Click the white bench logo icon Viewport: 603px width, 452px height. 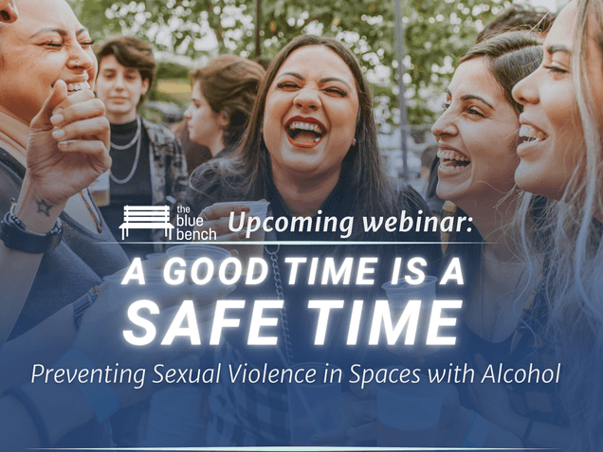[146, 222]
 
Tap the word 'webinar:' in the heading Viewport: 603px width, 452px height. [417, 222]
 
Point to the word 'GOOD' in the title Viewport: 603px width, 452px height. [218, 271]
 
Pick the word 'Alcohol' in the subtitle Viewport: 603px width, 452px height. [521, 372]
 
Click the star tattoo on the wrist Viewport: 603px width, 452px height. [44, 208]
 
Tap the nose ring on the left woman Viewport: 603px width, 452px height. [77, 63]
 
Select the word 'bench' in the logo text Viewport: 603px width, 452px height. [196, 234]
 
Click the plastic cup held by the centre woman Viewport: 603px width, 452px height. [252, 216]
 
